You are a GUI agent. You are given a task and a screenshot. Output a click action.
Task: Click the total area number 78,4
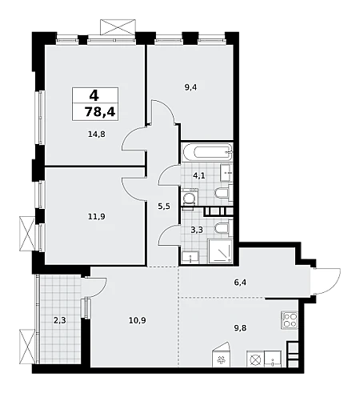pyautogui.click(x=100, y=111)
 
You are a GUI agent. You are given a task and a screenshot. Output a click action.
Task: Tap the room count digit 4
pyautogui.click(x=94, y=95)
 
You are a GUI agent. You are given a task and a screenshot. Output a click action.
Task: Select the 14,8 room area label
pyautogui.click(x=97, y=134)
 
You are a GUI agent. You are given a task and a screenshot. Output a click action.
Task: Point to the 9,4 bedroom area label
pyautogui.click(x=190, y=87)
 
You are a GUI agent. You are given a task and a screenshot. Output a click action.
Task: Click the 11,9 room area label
pyautogui.click(x=97, y=216)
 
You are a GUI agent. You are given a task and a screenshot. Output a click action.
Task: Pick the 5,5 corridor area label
pyautogui.click(x=164, y=207)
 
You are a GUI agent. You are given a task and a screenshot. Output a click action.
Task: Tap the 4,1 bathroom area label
pyautogui.click(x=199, y=176)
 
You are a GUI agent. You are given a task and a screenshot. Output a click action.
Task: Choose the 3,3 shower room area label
pyautogui.click(x=197, y=230)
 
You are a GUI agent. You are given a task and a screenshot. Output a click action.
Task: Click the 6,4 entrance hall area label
pyautogui.click(x=240, y=282)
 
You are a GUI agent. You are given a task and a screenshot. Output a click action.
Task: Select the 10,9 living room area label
pyautogui.click(x=138, y=320)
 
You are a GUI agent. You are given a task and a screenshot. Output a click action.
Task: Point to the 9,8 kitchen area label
pyautogui.click(x=240, y=328)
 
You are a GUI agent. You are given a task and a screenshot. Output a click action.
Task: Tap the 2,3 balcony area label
pyautogui.click(x=60, y=320)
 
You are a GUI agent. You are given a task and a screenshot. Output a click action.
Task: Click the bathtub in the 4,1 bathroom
pyautogui.click(x=212, y=152)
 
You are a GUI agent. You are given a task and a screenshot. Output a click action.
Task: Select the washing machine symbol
pyautogui.click(x=190, y=197)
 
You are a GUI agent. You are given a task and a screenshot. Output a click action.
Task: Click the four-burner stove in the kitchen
pyautogui.click(x=290, y=320)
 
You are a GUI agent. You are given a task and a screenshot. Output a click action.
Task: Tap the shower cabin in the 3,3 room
pyautogui.click(x=220, y=251)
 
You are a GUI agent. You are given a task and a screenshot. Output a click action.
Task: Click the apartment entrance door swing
pyautogui.click(x=329, y=281)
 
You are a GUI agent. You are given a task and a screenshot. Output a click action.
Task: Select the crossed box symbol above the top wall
pyautogui.click(x=118, y=26)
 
